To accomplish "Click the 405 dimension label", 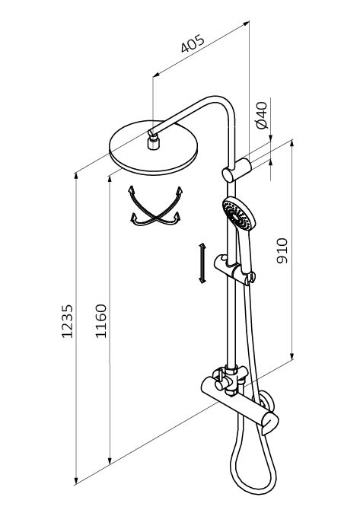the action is pos(193,43).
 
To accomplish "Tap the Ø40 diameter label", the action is pos(262,115).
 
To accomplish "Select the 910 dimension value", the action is pos(282,250).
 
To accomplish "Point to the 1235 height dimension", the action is pos(68,321).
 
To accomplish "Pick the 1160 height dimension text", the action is pos(100,321).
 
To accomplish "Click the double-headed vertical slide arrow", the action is pos(202,263).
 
